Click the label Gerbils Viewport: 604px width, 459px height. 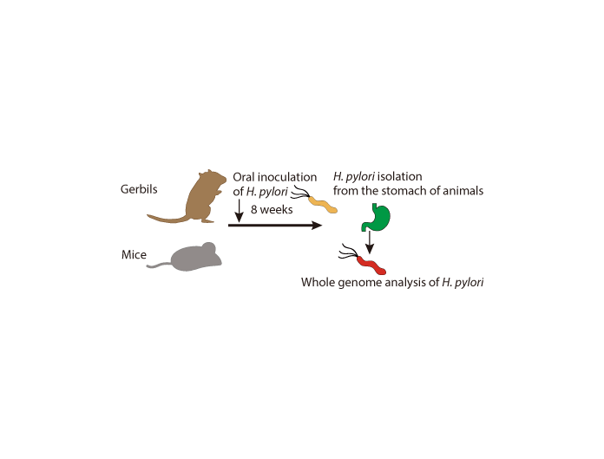(139, 189)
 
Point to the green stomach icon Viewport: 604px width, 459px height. (375, 217)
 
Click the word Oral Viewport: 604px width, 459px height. (244, 176)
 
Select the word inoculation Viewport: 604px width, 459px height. (285, 176)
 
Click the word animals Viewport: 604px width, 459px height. (459, 191)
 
